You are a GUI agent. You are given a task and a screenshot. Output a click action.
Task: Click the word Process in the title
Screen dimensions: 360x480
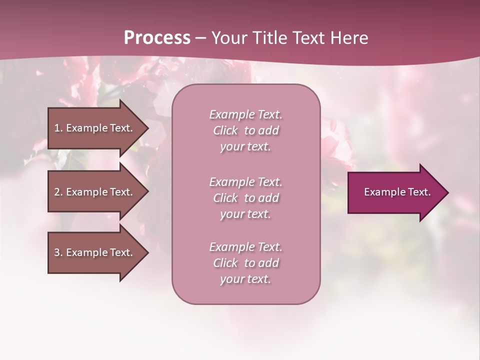157,38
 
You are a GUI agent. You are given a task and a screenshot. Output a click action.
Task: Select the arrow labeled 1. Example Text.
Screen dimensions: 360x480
92,128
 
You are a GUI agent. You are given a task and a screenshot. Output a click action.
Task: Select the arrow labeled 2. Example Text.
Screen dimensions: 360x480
92,192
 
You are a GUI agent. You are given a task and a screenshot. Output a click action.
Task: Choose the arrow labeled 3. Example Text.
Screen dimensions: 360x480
92,252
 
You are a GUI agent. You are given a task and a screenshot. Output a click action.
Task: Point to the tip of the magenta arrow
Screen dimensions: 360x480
447,192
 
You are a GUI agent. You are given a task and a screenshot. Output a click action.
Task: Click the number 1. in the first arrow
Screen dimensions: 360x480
58,128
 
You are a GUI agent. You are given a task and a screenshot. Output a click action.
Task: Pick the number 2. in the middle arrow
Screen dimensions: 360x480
58,192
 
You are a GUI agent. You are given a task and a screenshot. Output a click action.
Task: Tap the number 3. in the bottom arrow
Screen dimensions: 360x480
58,252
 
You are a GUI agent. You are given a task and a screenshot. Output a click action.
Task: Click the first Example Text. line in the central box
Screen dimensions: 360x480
245,114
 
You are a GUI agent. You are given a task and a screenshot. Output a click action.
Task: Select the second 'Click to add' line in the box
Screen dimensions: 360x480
245,198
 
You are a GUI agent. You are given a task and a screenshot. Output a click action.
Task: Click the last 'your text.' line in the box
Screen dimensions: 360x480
245,279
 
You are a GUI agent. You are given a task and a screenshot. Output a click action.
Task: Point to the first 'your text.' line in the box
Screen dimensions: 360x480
245,147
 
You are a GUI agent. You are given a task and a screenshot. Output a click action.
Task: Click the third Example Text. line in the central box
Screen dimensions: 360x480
245,247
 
